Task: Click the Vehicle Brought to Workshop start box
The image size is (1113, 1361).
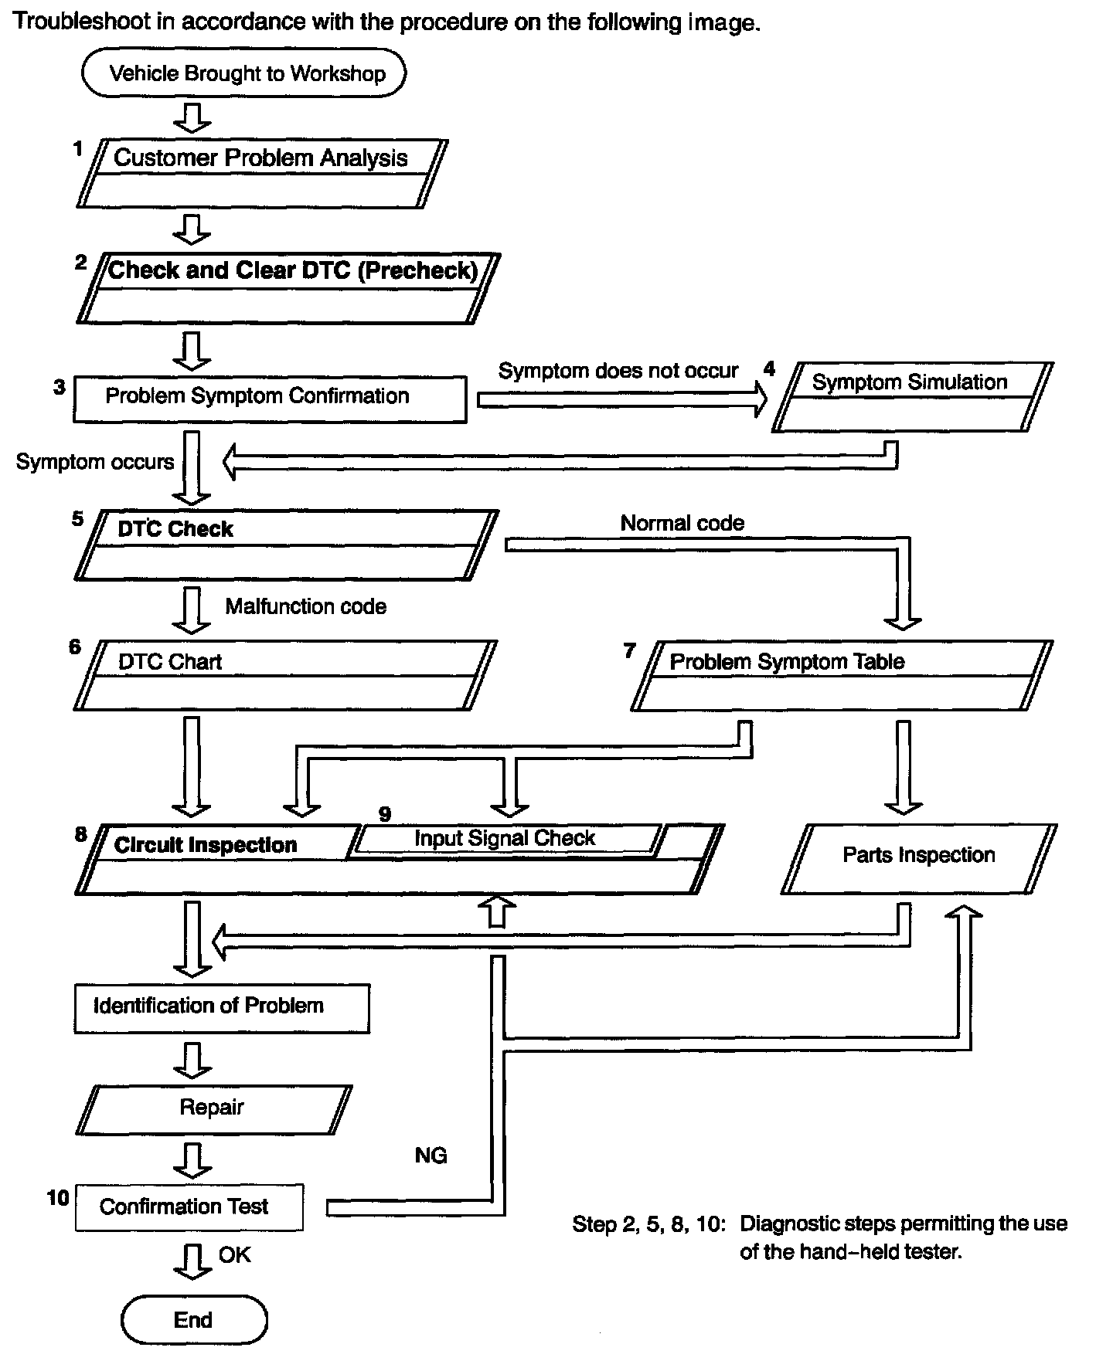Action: tap(243, 73)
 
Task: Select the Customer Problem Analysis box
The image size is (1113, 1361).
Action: tap(262, 173)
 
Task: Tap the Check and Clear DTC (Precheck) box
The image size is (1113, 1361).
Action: tap(288, 287)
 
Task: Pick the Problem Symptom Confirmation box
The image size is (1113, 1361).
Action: tap(270, 399)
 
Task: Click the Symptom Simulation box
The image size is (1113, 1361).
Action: tap(912, 397)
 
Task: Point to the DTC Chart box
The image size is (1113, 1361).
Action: tap(285, 674)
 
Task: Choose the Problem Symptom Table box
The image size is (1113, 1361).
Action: tap(842, 674)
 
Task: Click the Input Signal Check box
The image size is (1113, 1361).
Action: tap(505, 839)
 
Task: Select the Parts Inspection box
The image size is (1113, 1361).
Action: tap(918, 857)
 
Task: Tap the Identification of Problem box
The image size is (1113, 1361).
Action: tap(222, 1007)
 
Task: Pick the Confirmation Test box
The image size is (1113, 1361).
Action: tap(189, 1207)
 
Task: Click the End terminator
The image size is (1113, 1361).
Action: tap(193, 1320)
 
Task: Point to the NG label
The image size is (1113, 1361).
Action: tap(431, 1156)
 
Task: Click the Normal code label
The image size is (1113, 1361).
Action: tap(682, 523)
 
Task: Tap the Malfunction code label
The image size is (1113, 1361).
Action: tap(305, 606)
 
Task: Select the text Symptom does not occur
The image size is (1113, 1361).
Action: tap(618, 372)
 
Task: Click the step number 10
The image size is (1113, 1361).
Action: tap(58, 1198)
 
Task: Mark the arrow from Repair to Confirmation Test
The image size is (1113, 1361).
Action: tap(192, 1158)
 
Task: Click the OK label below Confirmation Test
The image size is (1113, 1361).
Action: tap(234, 1254)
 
